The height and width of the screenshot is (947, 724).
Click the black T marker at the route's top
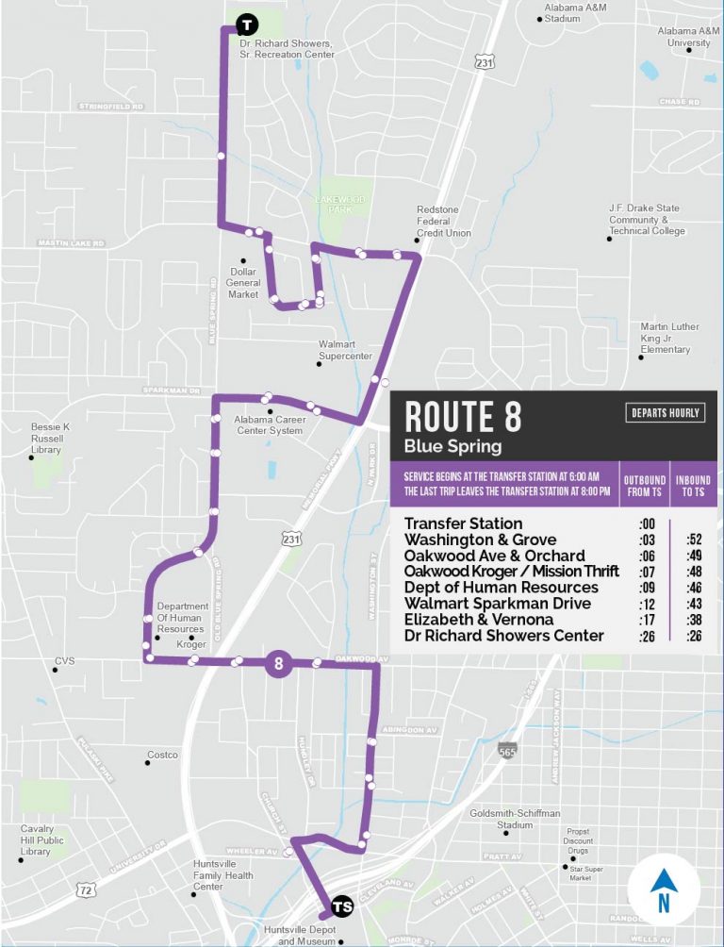(x=246, y=25)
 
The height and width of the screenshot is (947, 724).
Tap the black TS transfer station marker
(x=342, y=905)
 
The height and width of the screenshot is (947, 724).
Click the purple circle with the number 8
(x=279, y=664)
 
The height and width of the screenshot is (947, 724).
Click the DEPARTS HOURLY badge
(x=665, y=413)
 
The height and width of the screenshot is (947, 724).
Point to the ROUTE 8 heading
(x=463, y=416)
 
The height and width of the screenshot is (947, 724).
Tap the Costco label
(x=161, y=756)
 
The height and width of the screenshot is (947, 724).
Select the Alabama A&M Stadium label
(x=575, y=13)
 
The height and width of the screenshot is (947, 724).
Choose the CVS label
(x=64, y=661)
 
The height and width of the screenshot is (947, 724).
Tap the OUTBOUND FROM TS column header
(x=645, y=486)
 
